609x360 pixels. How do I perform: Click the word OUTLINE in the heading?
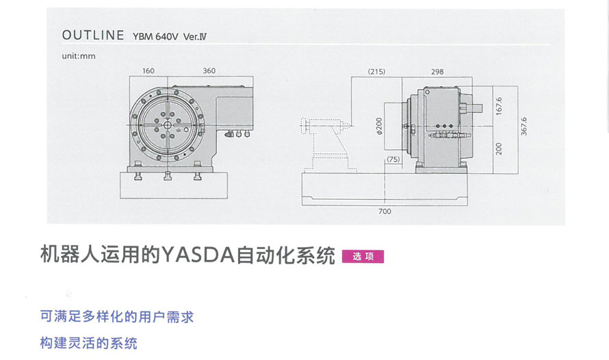pos(92,35)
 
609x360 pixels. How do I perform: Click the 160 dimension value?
pos(148,70)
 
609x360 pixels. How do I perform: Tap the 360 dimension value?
pos(209,70)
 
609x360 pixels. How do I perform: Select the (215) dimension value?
pos(376,70)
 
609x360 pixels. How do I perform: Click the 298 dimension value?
pos(437,70)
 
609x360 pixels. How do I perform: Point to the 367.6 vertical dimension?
pos(523,127)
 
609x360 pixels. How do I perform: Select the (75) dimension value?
pos(393,159)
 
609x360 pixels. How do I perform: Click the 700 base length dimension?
pos(385,211)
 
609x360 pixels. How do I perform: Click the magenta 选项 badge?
pos(363,257)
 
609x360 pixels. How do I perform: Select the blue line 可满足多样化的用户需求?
pos(117,317)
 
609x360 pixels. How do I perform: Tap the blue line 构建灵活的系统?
pos(89,343)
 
